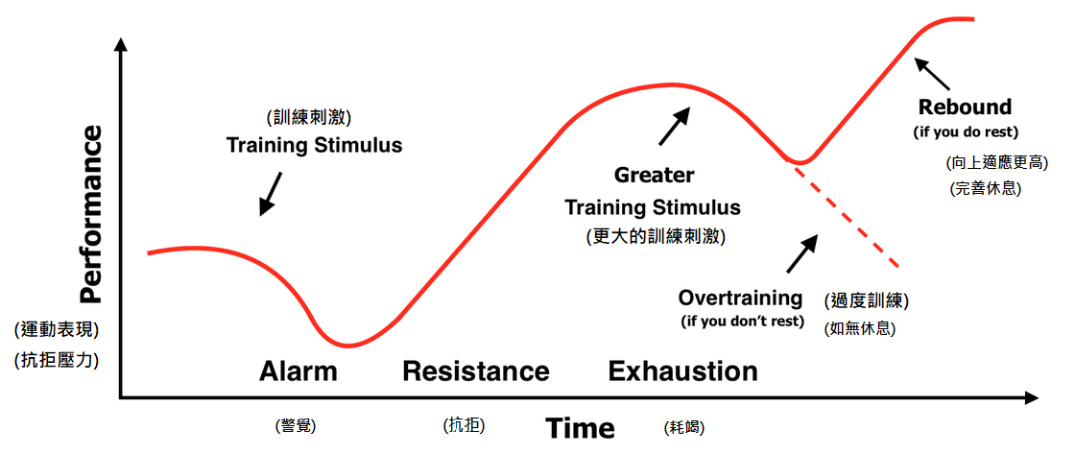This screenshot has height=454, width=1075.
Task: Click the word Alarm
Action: (x=299, y=371)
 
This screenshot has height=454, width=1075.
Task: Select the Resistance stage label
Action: (x=476, y=371)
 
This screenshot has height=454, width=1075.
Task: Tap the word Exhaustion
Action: (x=682, y=371)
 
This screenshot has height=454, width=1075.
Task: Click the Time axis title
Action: (x=580, y=428)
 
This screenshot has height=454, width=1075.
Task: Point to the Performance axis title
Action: (x=90, y=214)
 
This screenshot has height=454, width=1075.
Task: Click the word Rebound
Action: (x=965, y=107)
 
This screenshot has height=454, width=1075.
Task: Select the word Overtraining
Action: (x=740, y=299)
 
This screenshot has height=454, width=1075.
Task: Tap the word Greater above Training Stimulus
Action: (x=654, y=176)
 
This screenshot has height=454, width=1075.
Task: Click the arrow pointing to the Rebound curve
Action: (x=932, y=73)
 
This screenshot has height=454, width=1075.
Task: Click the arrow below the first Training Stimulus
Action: (x=270, y=193)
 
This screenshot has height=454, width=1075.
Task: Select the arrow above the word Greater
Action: (x=676, y=125)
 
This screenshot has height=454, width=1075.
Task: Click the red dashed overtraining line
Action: (x=847, y=215)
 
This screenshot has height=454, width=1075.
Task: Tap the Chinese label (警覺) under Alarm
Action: (x=295, y=426)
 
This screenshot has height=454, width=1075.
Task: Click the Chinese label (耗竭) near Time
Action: (x=684, y=428)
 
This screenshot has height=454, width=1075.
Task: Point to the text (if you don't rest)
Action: (x=741, y=321)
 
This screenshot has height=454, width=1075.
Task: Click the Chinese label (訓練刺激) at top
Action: (x=309, y=117)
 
